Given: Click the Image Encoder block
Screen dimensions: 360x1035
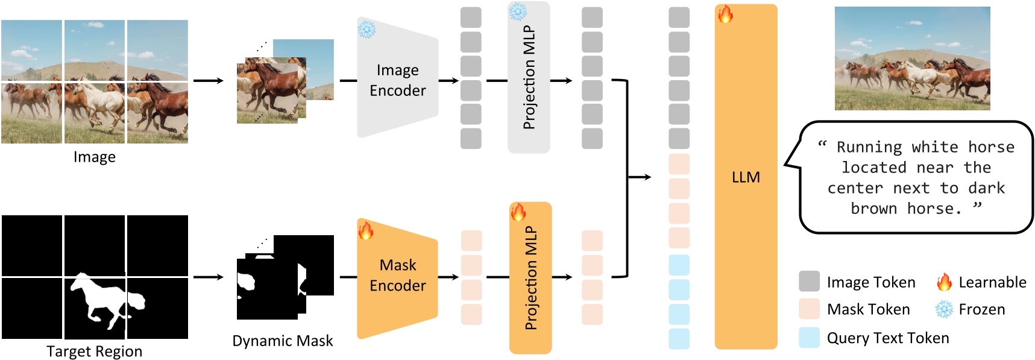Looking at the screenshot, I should (x=397, y=80).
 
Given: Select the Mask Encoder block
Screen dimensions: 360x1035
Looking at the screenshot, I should (x=397, y=276).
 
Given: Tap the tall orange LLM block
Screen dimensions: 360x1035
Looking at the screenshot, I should (x=746, y=177).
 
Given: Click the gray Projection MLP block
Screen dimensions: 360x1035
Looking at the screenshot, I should (x=529, y=77).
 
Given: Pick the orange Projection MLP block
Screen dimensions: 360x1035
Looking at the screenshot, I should (x=530, y=278).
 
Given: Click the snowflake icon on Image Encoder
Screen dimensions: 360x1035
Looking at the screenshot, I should (x=366, y=29).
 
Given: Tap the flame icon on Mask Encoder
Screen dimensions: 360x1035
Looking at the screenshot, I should (x=366, y=230).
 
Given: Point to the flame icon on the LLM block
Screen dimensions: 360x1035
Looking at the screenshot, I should (x=725, y=14).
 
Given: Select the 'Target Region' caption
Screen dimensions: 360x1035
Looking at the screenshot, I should (x=95, y=351).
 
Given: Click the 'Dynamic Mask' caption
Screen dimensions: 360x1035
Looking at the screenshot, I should (x=282, y=341).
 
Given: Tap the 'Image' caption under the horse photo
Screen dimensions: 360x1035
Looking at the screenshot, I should (x=95, y=157).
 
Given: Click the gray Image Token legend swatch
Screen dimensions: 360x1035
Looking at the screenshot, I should (x=809, y=282).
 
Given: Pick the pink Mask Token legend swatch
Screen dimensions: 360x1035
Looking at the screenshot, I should (x=809, y=309).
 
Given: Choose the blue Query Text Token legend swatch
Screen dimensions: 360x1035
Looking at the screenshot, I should (x=809, y=338).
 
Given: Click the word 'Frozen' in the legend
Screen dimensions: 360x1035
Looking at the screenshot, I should (x=981, y=309).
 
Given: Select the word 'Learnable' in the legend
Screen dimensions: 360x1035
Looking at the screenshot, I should (x=992, y=282).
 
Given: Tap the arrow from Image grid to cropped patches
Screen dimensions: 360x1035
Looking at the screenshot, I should (x=208, y=80).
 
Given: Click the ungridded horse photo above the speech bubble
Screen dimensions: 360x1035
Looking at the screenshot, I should (x=912, y=58).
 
